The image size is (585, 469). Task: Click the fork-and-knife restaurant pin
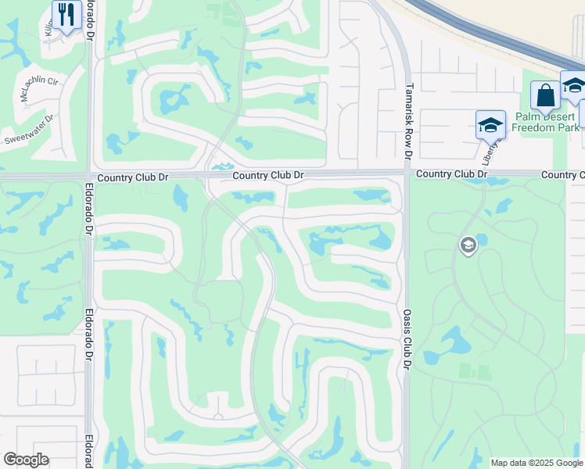[x=66, y=15]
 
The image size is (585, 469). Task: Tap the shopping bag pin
[x=545, y=97]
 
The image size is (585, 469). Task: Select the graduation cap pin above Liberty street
[x=490, y=125]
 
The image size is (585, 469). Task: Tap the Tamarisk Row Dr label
[x=408, y=121]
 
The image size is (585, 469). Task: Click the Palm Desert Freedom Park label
[x=547, y=122]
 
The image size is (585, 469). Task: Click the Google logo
[x=26, y=460]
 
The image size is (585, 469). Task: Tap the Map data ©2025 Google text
[x=537, y=463]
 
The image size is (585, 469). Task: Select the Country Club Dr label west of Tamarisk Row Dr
[x=267, y=176]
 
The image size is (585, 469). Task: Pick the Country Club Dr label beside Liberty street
[x=451, y=174]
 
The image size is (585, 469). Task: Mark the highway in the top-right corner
[x=501, y=36]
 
